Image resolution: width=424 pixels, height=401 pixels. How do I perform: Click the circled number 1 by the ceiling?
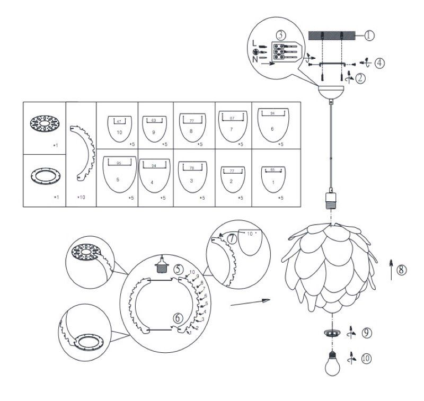369,35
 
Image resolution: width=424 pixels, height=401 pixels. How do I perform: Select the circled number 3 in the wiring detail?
281,34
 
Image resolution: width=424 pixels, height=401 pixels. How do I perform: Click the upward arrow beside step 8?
391,269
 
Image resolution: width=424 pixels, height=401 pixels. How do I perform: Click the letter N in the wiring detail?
255,59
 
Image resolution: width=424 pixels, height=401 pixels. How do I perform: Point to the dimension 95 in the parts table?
118,163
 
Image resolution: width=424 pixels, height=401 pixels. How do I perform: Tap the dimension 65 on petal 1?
272,170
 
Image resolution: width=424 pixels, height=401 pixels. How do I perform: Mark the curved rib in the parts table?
82,150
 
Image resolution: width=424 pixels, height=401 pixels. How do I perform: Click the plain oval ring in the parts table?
43,174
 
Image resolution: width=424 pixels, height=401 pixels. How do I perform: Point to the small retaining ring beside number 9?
333,334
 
